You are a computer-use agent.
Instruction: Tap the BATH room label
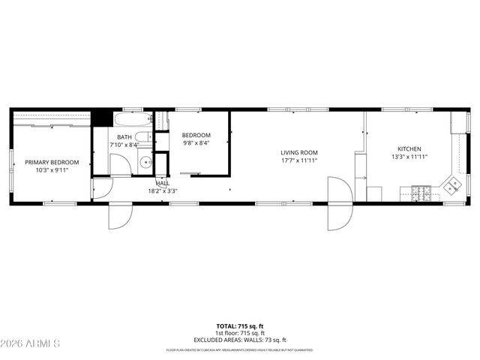click(124, 137)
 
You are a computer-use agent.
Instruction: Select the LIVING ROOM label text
click(299, 152)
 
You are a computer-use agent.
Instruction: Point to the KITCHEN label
click(409, 149)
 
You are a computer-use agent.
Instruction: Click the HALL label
click(163, 183)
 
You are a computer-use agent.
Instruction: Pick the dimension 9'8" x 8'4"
click(196, 143)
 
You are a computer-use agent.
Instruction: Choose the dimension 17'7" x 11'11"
click(299, 160)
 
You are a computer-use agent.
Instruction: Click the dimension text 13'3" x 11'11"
click(409, 157)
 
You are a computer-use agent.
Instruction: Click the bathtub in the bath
click(132, 120)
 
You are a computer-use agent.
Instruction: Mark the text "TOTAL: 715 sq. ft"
click(240, 326)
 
